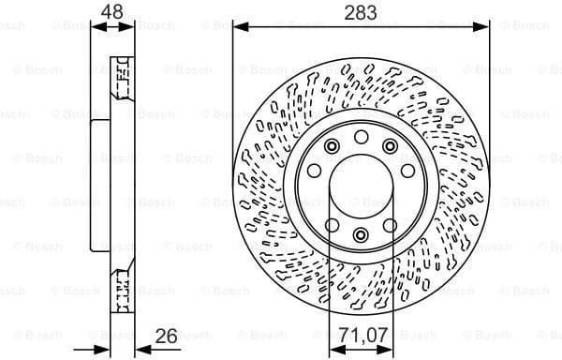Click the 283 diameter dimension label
(x=361, y=13)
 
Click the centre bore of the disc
(x=361, y=186)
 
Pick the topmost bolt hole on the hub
(x=361, y=137)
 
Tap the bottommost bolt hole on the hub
(x=361, y=234)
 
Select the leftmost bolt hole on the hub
(x=314, y=170)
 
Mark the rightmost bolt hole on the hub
(x=408, y=170)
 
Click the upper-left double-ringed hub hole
(x=333, y=145)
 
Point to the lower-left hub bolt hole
(x=333, y=225)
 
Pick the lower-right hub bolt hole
(x=390, y=225)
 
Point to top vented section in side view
(x=120, y=79)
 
